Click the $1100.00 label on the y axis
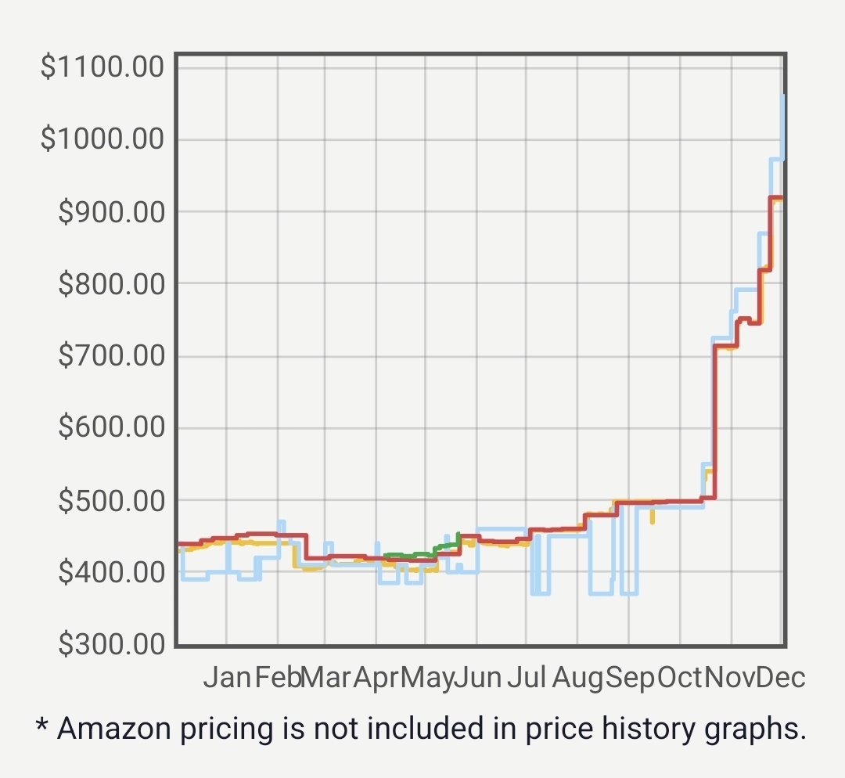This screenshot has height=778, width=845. tap(102, 67)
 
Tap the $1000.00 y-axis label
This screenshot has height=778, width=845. tap(102, 139)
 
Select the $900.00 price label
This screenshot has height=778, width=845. tap(111, 211)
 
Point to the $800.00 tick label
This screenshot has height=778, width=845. tap(111, 283)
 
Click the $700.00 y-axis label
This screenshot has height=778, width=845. tap(111, 356)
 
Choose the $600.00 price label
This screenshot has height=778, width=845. tap(111, 428)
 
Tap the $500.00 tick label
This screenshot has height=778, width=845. tap(111, 500)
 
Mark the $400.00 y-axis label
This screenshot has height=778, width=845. tap(111, 572)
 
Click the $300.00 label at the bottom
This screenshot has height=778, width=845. tap(111, 644)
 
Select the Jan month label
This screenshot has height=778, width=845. tap(227, 677)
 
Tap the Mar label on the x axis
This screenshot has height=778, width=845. tap(325, 677)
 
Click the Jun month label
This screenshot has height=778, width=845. tap(477, 677)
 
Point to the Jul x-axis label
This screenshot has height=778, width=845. tap(526, 677)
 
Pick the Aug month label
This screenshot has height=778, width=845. tap(578, 677)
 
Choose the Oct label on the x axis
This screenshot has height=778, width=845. tap(680, 677)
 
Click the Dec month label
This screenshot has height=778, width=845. tap(781, 677)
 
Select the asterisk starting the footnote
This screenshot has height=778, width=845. tap(41, 726)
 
